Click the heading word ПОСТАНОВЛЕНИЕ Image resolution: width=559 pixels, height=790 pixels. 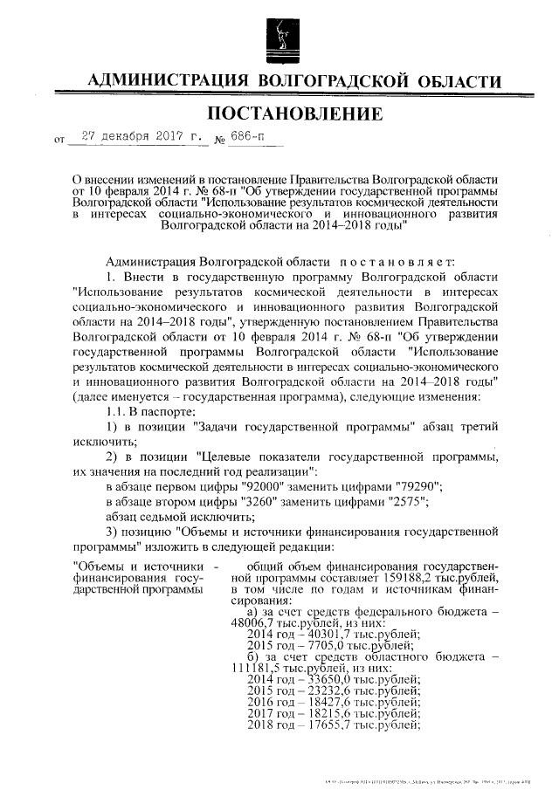point(293,114)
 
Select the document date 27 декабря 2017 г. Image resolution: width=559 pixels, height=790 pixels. point(139,136)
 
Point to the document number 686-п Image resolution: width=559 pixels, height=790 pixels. point(253,136)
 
